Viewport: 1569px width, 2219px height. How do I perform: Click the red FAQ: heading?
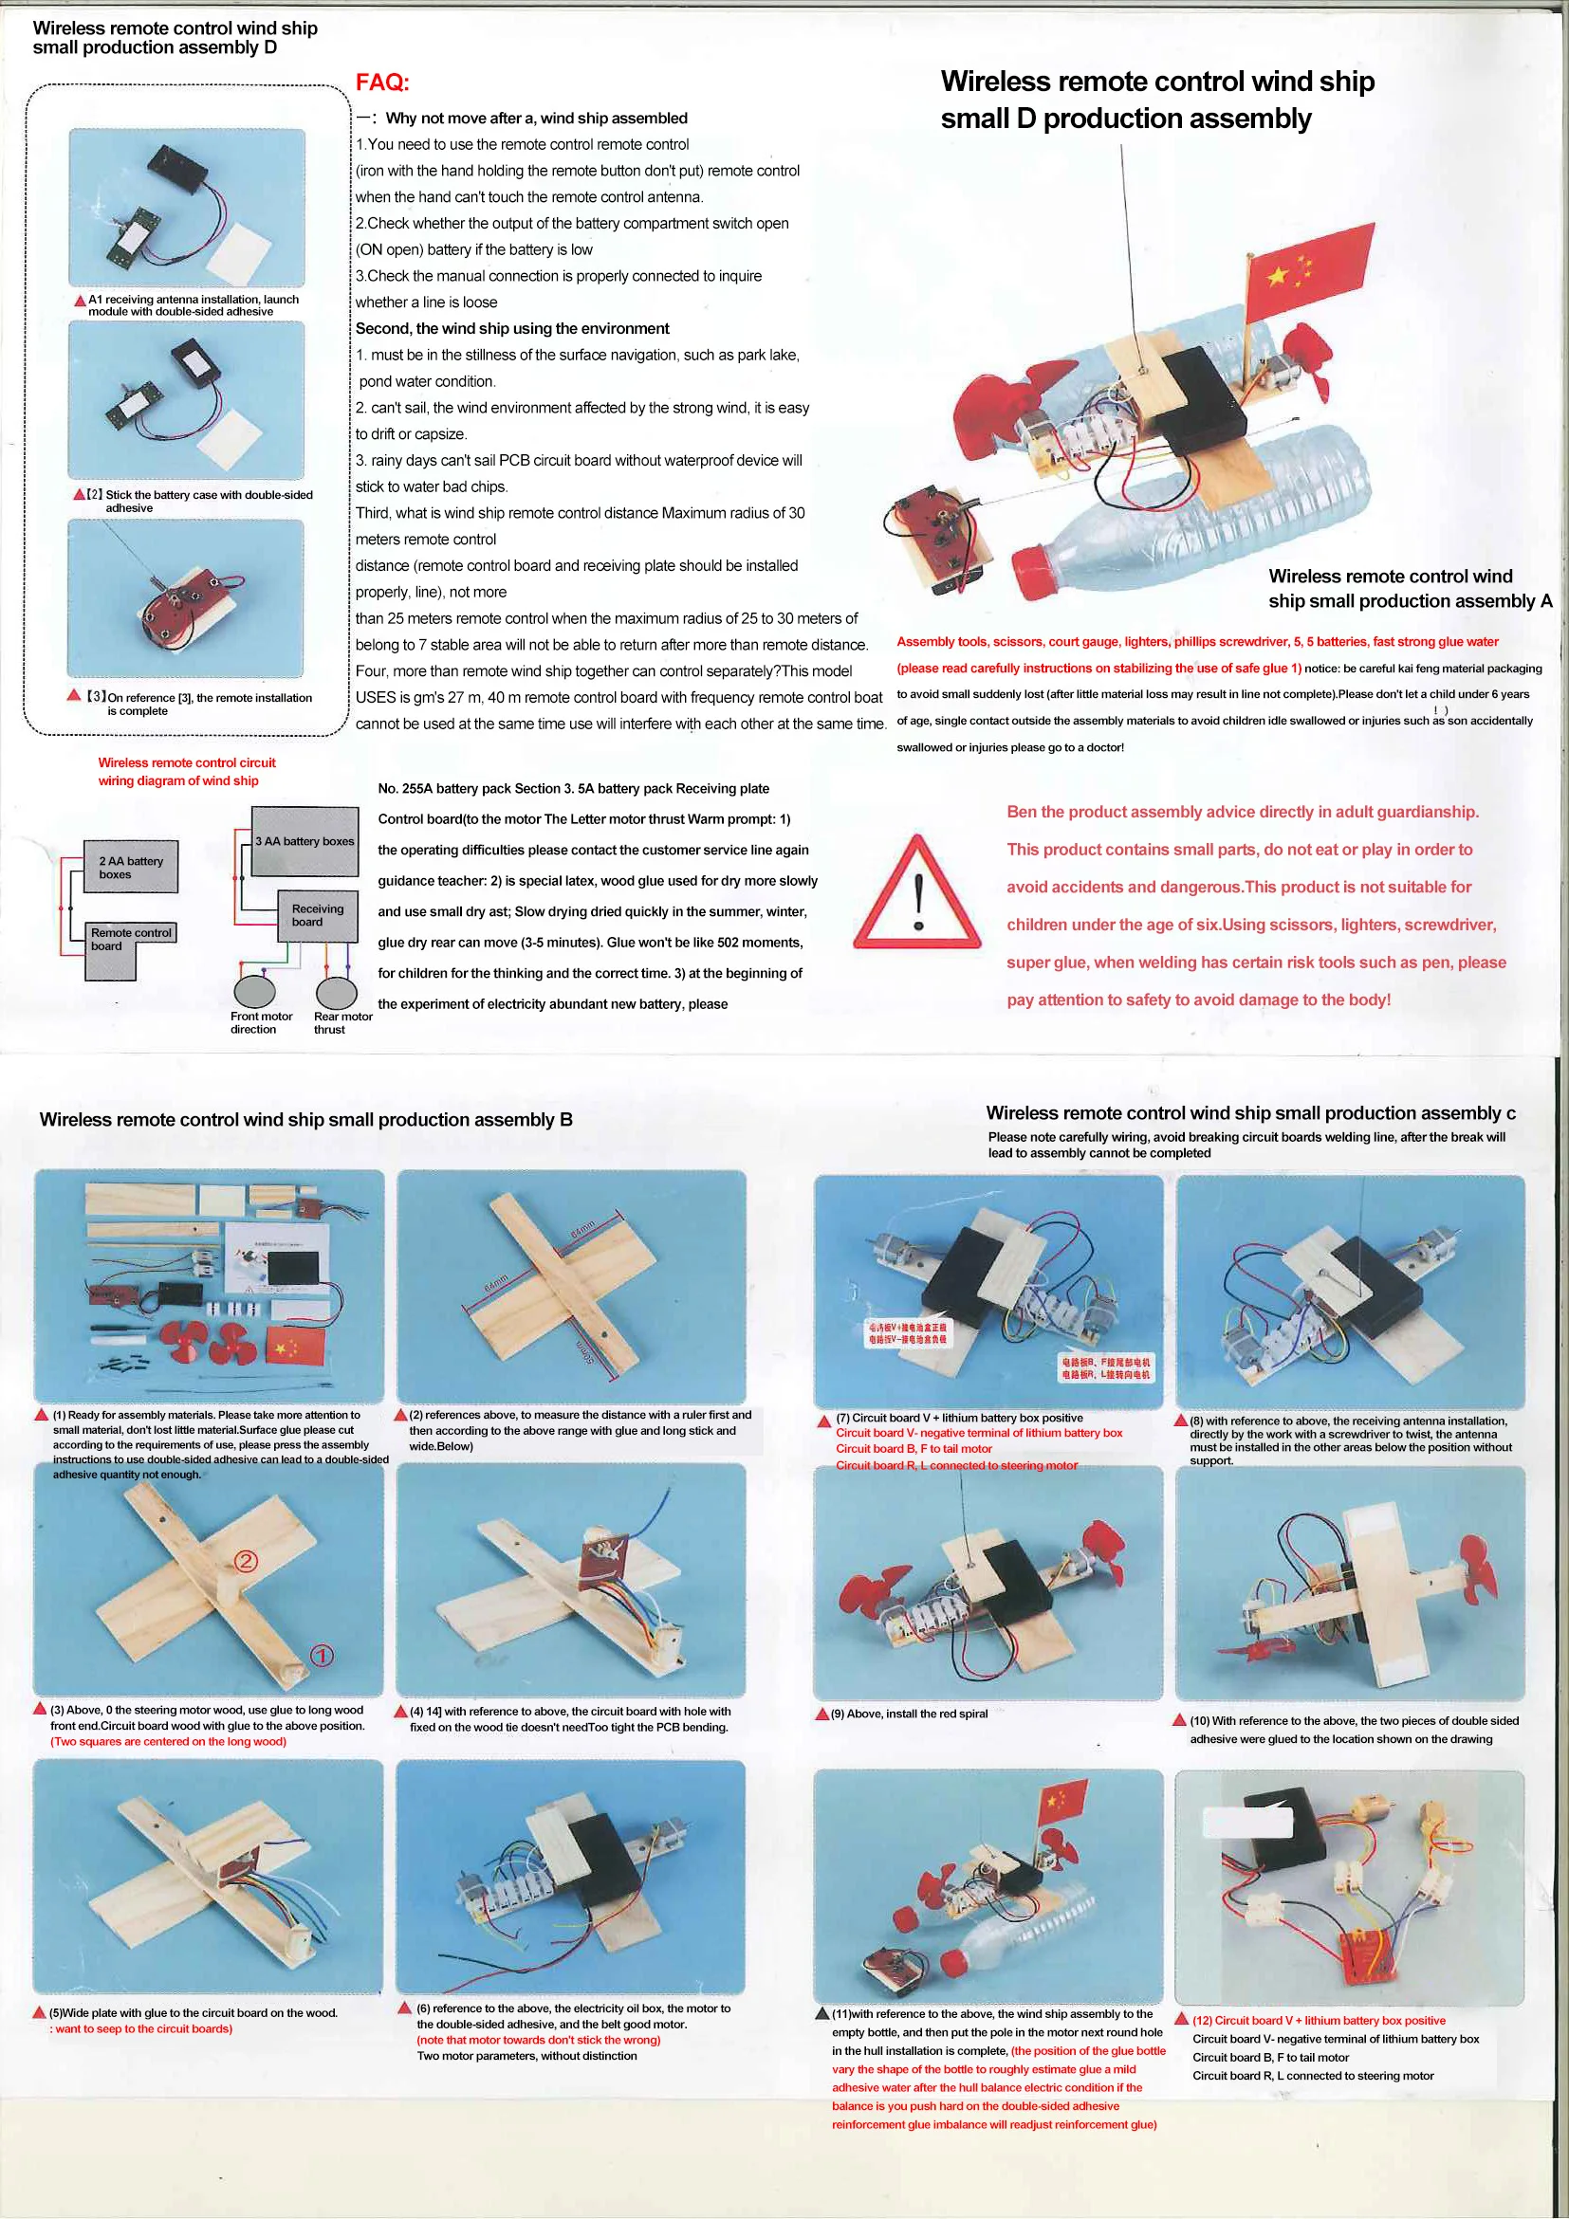382,83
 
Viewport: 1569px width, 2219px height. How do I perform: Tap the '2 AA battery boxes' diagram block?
132,867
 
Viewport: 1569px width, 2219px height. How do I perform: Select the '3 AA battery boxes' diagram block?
305,841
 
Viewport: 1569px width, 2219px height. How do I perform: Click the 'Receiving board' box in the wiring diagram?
318,914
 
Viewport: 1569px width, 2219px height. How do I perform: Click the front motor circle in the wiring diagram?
254,992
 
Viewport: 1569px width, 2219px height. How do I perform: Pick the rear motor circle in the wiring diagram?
337,992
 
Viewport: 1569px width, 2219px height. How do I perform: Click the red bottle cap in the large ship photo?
1040,574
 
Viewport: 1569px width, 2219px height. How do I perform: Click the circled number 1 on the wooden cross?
322,1656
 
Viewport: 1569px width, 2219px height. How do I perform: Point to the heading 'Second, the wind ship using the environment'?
511,329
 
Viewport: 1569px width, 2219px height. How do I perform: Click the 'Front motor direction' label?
260,1022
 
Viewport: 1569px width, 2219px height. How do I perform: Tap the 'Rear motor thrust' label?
341,1022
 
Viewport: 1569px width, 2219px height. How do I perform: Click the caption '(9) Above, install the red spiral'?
908,1714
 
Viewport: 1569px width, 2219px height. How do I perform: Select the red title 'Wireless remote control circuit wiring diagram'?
186,771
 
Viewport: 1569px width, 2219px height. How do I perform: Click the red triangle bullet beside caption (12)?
1180,2019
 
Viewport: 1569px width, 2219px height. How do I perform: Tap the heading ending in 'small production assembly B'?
305,1119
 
